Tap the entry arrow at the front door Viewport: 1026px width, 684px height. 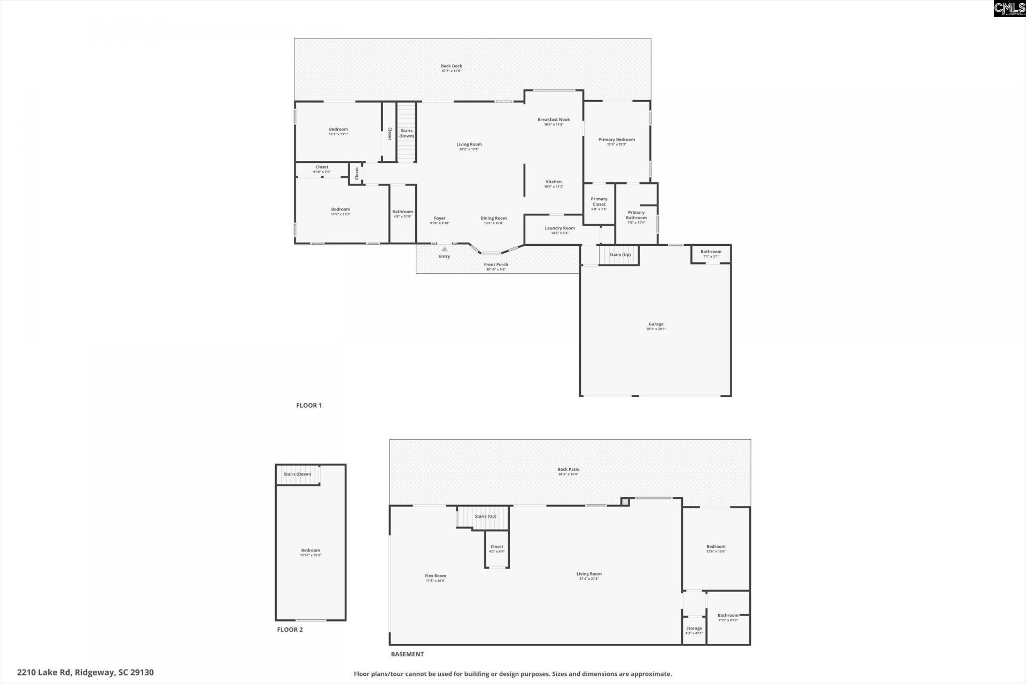[444, 249]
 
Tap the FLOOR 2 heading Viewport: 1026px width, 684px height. [290, 629]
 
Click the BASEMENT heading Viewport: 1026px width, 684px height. [407, 654]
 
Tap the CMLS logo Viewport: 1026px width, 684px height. [1009, 9]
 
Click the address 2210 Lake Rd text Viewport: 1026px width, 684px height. [85, 672]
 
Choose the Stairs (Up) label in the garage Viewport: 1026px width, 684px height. [620, 254]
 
